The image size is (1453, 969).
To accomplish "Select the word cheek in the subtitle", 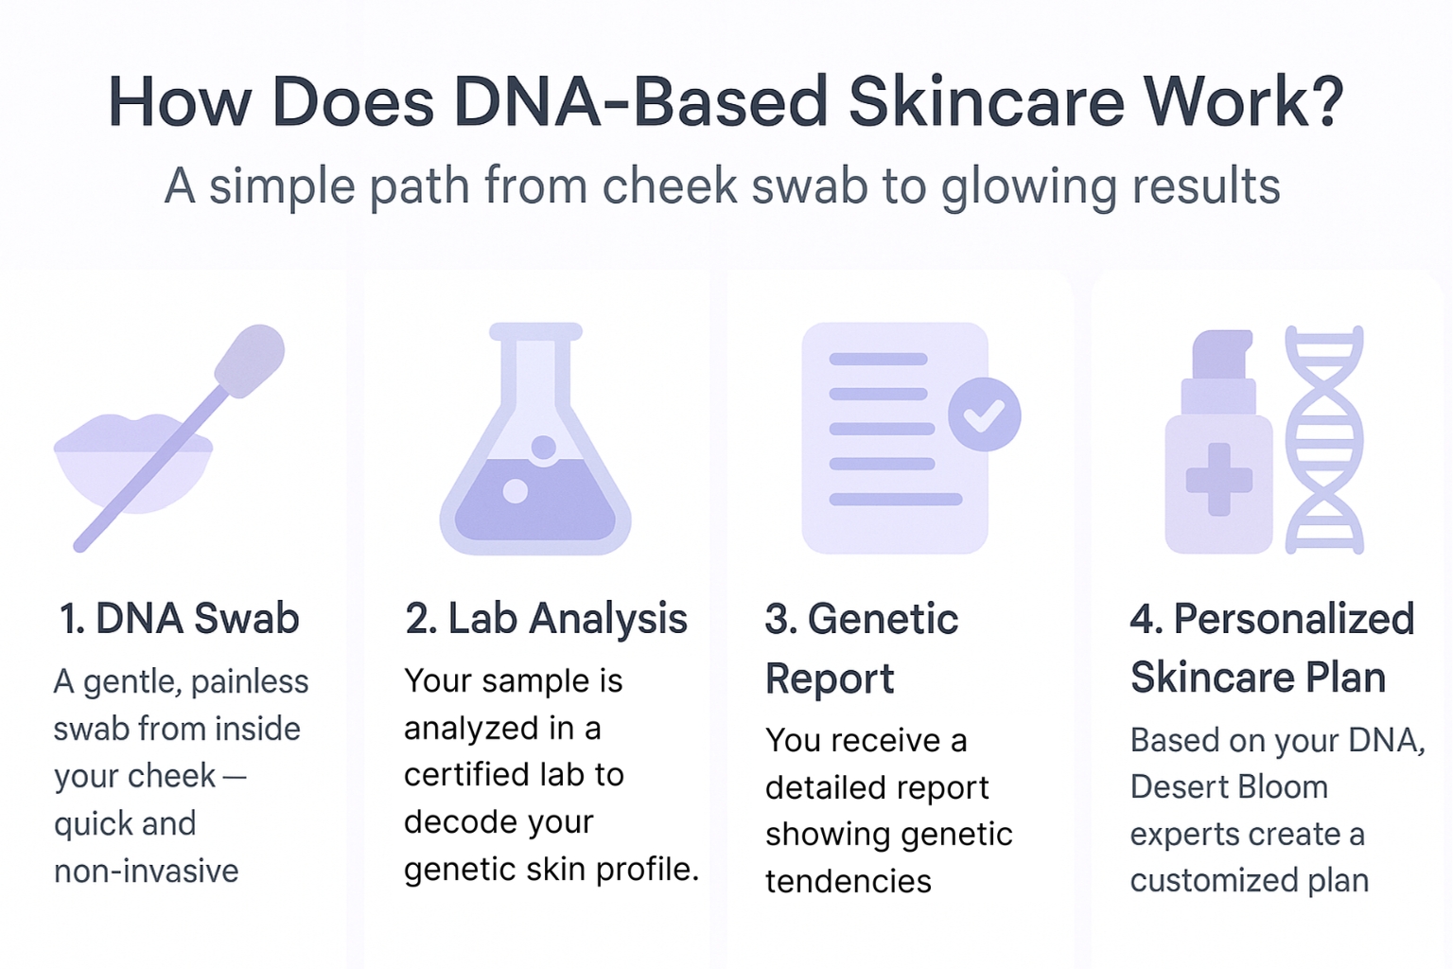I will (x=669, y=185).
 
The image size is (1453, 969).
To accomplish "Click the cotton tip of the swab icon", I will (x=251, y=359).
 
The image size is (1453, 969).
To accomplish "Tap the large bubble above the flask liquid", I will (x=544, y=448).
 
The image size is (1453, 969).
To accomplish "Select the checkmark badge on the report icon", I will (x=985, y=414).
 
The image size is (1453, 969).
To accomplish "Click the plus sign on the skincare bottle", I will (x=1219, y=480).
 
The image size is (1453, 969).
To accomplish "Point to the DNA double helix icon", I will (x=1324, y=439).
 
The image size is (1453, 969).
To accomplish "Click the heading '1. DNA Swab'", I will (x=179, y=619).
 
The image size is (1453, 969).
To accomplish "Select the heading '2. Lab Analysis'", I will (x=546, y=619).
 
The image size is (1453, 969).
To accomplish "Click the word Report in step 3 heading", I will (x=830, y=678).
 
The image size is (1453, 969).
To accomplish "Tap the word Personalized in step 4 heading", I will (x=1293, y=619).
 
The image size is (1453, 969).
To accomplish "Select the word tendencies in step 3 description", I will (x=849, y=881).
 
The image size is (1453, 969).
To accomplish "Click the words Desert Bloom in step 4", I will (x=1229, y=786).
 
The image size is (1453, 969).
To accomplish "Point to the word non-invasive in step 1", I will (x=147, y=871).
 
